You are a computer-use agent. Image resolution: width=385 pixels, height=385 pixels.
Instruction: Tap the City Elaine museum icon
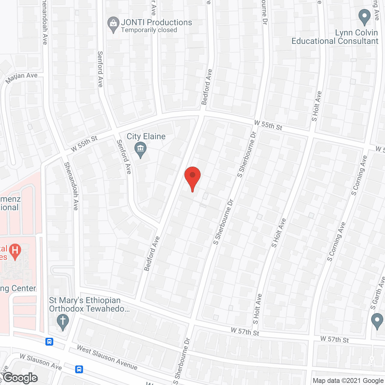pos(140,149)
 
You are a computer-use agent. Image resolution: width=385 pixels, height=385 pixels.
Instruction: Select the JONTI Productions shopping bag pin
pos(113,24)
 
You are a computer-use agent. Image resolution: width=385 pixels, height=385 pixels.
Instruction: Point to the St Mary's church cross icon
pos(63,322)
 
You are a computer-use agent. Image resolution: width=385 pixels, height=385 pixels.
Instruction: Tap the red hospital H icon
pos(15,251)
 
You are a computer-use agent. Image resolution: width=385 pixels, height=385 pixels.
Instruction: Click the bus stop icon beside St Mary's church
pos(49,342)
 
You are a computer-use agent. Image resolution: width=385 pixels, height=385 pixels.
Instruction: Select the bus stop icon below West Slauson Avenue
pos(79,369)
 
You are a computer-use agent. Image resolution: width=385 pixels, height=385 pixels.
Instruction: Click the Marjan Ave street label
pos(22,78)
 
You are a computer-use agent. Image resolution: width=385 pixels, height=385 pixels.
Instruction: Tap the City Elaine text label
pos(146,137)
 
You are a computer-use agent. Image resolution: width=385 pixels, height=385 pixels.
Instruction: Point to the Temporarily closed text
pos(149,30)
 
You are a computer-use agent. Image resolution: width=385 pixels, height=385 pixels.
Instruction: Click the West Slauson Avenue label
pos(107,357)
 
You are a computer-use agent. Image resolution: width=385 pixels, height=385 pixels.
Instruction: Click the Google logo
pos(20,378)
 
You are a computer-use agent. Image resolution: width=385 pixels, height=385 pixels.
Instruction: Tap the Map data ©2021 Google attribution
pos(348,381)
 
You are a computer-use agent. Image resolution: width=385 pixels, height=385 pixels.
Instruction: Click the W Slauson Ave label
pos(41,362)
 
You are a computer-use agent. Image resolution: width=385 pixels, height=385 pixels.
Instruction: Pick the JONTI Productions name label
pos(156,23)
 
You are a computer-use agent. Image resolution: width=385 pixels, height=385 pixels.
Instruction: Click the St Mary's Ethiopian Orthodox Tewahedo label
pos(89,304)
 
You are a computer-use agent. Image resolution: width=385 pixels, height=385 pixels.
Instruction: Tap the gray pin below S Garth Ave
pos(377,321)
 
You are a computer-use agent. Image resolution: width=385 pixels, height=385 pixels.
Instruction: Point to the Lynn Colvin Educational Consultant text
pos(335,37)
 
